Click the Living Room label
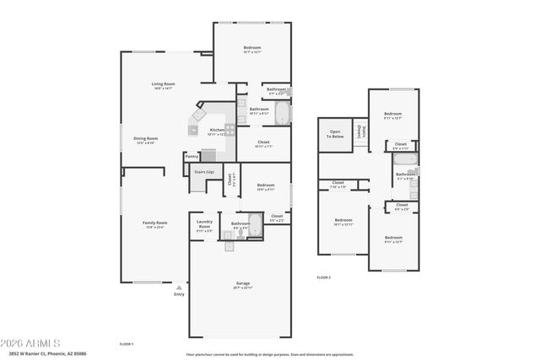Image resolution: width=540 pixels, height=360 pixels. pos(163,84)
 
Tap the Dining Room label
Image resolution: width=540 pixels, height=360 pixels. pos(146,139)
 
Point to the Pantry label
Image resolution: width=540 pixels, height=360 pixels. pos(192,156)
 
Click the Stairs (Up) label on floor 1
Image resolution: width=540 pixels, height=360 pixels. pos(204,171)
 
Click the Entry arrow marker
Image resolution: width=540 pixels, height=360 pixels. pos(179,287)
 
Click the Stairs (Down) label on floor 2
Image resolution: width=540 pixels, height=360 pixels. pos(359,131)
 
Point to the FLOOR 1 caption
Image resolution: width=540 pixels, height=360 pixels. pos(127,344)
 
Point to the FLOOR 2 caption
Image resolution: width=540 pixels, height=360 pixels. pos(324,277)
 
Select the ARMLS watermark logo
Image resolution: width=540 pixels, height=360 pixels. pos(31,344)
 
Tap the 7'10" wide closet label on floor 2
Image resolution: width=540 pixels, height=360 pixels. pos(337,184)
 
